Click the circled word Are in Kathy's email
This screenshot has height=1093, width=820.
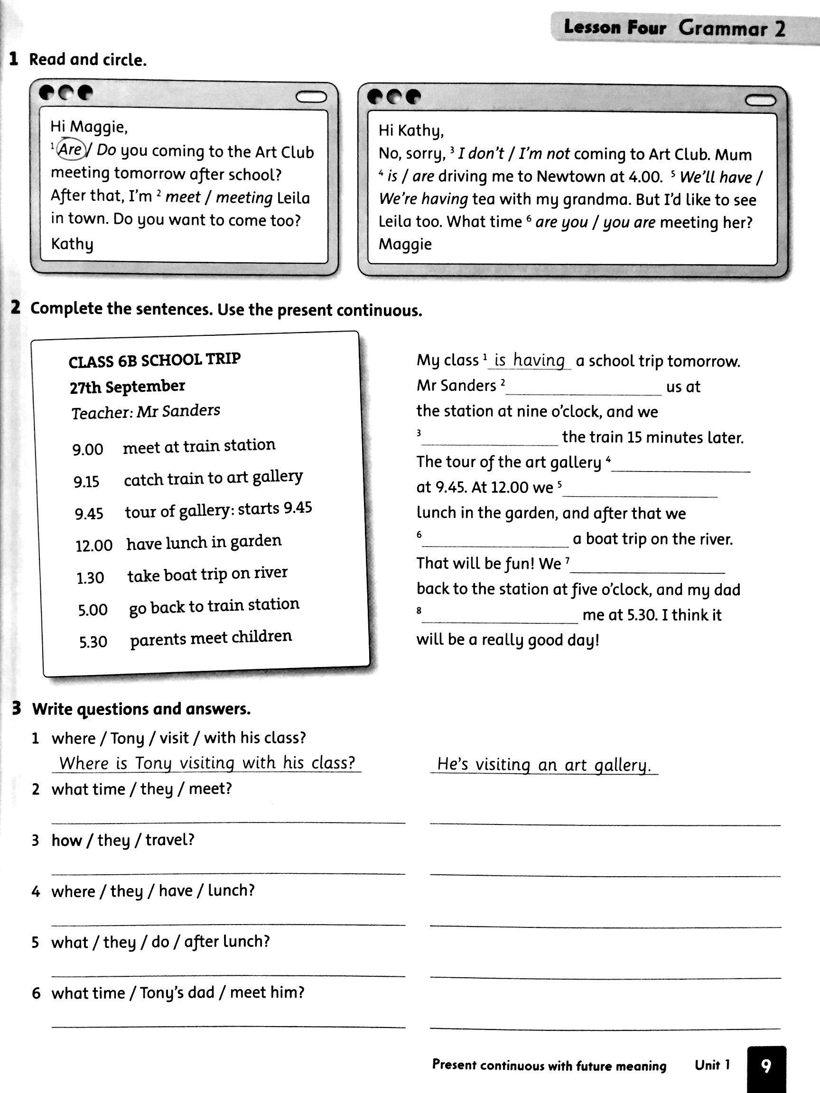[x=71, y=149]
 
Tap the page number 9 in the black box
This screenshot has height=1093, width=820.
[x=765, y=1066]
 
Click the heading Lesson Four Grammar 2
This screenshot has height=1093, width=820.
[x=674, y=28]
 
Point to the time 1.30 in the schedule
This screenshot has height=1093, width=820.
[x=90, y=578]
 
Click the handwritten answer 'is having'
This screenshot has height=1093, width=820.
[x=530, y=360]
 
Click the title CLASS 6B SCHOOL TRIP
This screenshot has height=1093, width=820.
[x=154, y=360]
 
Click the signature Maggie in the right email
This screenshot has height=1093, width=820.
[x=405, y=244]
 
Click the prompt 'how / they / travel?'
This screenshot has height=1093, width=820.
[x=122, y=840]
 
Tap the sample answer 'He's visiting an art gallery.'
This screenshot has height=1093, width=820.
[x=544, y=765]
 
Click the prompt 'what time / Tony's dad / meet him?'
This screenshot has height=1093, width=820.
[x=177, y=992]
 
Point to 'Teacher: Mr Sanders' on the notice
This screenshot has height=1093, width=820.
[x=146, y=411]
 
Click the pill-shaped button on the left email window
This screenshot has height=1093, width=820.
[x=311, y=97]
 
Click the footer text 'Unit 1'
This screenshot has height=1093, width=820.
[x=712, y=1065]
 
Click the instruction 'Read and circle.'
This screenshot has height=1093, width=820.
[x=88, y=60]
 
